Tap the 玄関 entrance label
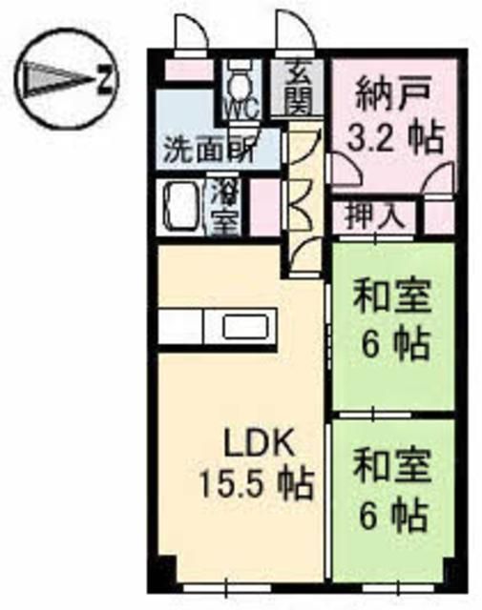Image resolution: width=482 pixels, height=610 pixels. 297,87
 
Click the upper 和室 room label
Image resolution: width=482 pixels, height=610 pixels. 392,297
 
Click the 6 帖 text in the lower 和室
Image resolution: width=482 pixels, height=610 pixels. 391,518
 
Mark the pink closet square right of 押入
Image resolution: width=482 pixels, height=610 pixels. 436,216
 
